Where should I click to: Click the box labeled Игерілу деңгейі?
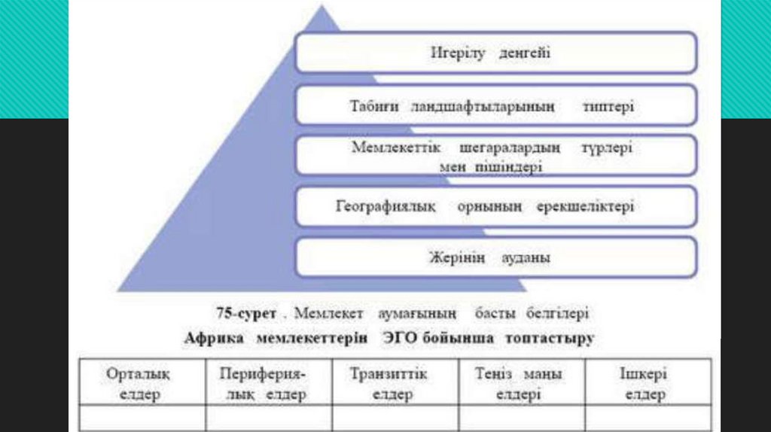pyautogui.click(x=495, y=53)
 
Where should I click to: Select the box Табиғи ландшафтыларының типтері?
pyautogui.click(x=495, y=106)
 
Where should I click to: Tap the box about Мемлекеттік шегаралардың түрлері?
pyautogui.click(x=495, y=156)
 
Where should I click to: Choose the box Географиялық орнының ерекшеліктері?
pyautogui.click(x=495, y=206)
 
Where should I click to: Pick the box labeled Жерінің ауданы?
pyautogui.click(x=495, y=257)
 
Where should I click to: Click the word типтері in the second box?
pyautogui.click(x=608, y=107)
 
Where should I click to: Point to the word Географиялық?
pyautogui.click(x=385, y=206)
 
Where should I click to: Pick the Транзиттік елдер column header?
pyautogui.click(x=390, y=383)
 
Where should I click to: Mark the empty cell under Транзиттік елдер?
pyautogui.click(x=390, y=418)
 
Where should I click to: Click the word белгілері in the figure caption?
pyautogui.click(x=558, y=312)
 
